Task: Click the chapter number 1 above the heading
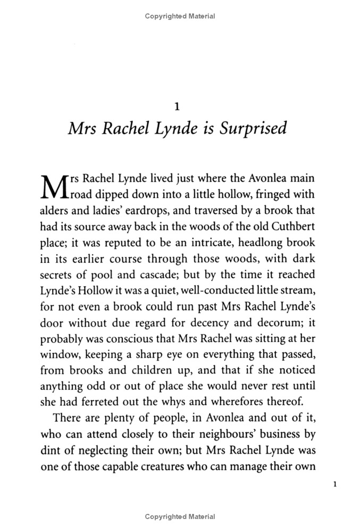[x=177, y=106]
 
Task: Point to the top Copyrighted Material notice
[x=180, y=16]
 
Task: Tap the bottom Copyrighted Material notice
[x=180, y=517]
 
